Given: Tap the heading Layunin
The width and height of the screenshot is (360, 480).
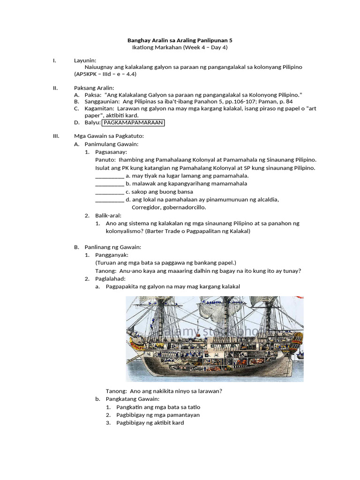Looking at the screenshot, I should coord(85,60).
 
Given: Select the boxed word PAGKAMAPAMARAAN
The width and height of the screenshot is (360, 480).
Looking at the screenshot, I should coord(133,122).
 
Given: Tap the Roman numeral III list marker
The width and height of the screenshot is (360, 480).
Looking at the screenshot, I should coord(56,136).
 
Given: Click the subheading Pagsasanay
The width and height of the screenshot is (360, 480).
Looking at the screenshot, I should coord(111,152).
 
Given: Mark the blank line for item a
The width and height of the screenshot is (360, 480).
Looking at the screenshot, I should coord(109,176).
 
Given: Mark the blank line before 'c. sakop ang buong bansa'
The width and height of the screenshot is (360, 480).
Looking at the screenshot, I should coord(109,192).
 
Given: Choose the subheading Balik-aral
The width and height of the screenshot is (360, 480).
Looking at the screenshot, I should coord(108,216).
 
